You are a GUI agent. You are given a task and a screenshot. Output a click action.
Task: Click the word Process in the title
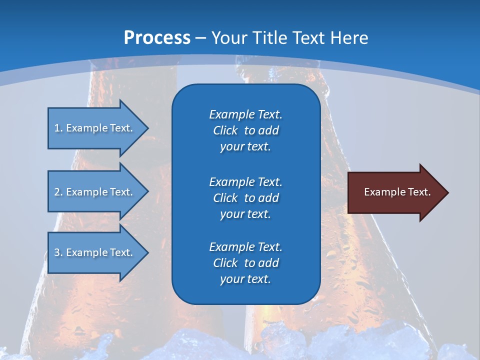tap(157, 38)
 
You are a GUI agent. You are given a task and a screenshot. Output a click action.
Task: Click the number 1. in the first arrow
tap(58, 128)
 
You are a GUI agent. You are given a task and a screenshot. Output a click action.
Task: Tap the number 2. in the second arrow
tap(58, 192)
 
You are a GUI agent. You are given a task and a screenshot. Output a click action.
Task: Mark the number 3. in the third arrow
tap(58, 252)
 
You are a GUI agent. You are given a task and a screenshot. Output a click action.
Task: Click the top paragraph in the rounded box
tap(245, 130)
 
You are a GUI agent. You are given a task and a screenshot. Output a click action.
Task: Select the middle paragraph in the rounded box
tap(245, 198)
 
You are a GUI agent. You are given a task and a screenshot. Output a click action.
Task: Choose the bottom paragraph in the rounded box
tap(245, 263)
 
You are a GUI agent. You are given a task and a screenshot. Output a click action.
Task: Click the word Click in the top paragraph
tap(225, 130)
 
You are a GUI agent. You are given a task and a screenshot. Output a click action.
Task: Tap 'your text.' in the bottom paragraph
tap(245, 279)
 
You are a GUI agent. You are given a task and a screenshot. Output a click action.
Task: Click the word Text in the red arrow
tap(419, 192)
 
